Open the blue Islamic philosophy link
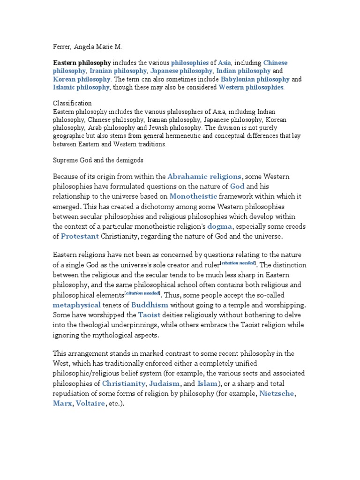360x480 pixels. (81, 87)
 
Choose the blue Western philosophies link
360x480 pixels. (251, 87)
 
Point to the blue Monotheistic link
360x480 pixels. (193, 196)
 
